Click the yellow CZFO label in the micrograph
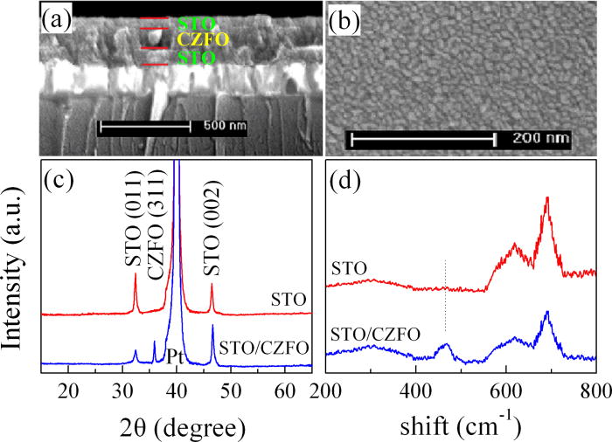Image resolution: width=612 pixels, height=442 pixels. pos(173,39)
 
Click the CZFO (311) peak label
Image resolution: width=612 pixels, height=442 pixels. pos(158,223)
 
